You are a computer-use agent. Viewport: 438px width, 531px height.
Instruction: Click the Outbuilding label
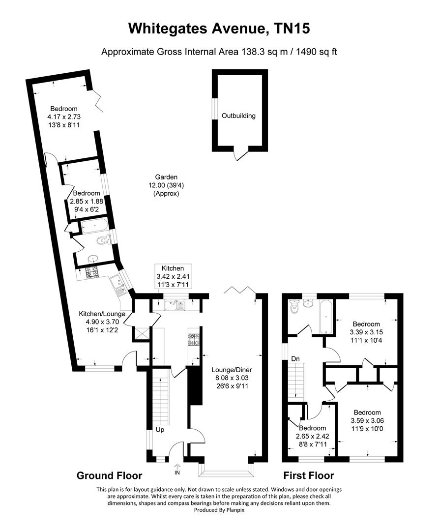coord(238,116)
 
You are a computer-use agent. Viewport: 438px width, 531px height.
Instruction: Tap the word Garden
coord(166,177)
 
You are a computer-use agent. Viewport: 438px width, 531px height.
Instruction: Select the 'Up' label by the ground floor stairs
coord(160,429)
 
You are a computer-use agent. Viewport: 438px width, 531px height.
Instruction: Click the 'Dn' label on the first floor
coord(296,359)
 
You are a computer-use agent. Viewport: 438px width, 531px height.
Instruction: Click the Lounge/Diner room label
coord(229,370)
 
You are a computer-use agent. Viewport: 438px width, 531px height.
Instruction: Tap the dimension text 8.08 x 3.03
coord(229,378)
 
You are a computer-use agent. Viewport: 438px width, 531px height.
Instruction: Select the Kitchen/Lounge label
coord(102,314)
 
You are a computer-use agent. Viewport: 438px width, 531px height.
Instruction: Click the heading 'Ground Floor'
coord(109,475)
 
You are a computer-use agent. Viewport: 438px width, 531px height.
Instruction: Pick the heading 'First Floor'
coord(308,475)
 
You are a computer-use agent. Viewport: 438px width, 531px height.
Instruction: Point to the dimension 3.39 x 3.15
coord(366,332)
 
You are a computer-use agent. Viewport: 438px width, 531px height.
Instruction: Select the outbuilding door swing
coord(240,156)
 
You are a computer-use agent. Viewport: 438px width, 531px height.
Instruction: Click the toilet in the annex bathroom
coord(103,240)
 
